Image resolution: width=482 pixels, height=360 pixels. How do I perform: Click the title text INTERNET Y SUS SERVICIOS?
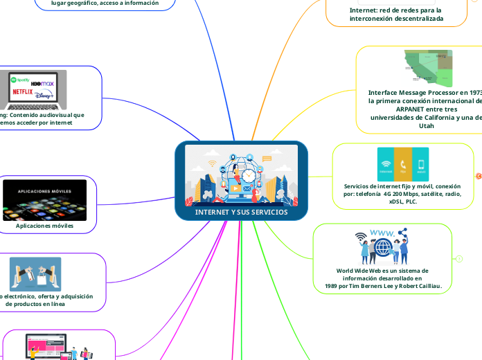pyautogui.click(x=241, y=212)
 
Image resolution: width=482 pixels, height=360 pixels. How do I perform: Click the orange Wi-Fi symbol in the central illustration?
pyautogui.click(x=213, y=164)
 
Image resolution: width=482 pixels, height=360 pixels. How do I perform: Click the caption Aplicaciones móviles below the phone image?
pyautogui.click(x=44, y=226)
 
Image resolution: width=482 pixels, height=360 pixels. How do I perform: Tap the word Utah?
pyautogui.click(x=427, y=126)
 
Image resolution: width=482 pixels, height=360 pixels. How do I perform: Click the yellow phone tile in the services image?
pyautogui.click(x=402, y=165)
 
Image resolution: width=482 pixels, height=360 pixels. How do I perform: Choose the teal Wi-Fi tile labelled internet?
pyautogui.click(x=386, y=165)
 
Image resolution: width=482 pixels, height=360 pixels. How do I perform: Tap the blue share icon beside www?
pyautogui.click(x=402, y=234)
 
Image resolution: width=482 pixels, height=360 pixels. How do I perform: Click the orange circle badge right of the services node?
pyautogui.click(x=479, y=177)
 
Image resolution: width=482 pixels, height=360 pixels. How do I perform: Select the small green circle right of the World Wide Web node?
pyautogui.click(x=459, y=258)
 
